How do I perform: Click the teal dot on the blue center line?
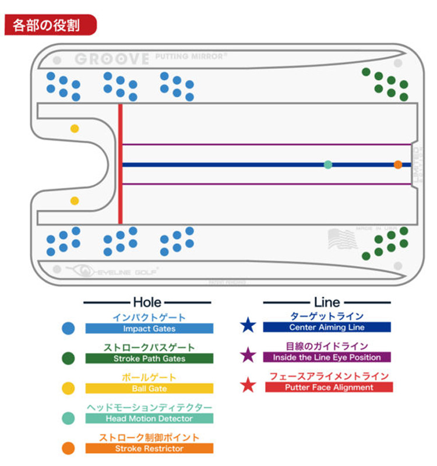coord(328,165)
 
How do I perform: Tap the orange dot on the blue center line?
coord(398,165)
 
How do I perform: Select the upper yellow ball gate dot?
coord(75,128)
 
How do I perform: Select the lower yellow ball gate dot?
coord(75,201)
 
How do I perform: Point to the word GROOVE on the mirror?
coord(112,59)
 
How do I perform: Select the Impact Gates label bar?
coord(149,329)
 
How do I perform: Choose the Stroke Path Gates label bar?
coord(149,359)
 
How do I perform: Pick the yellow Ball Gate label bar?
coord(149,389)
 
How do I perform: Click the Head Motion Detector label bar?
coord(149,418)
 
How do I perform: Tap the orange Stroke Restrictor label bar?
coord(149,449)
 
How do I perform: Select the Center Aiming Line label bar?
coord(327,327)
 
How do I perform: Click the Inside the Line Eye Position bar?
coord(327,357)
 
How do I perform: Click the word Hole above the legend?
coord(147,302)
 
